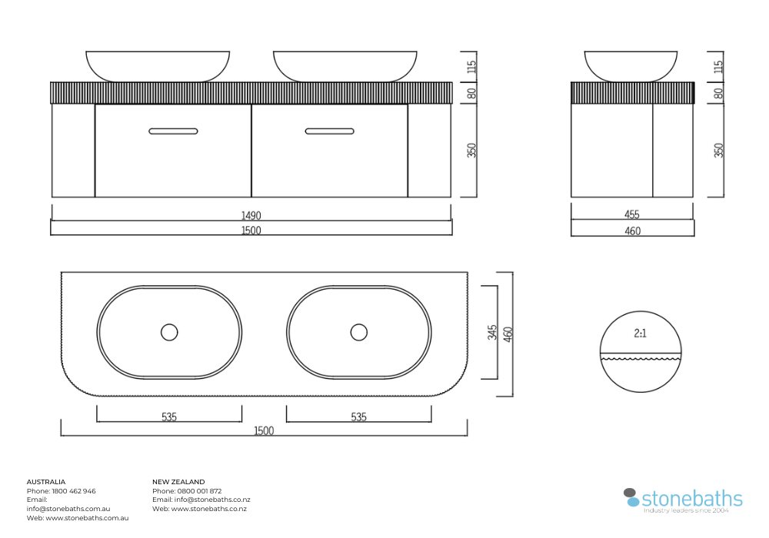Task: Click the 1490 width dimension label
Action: click(251, 215)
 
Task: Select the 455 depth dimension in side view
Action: click(631, 214)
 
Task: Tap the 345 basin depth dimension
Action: click(492, 332)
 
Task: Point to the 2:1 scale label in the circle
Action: click(640, 334)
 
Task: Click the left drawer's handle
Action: click(173, 131)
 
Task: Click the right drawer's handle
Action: click(330, 131)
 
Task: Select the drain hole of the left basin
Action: click(169, 332)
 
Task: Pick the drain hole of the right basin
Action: click(359, 332)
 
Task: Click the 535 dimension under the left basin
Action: click(169, 417)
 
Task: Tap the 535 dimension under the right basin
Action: click(358, 417)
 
